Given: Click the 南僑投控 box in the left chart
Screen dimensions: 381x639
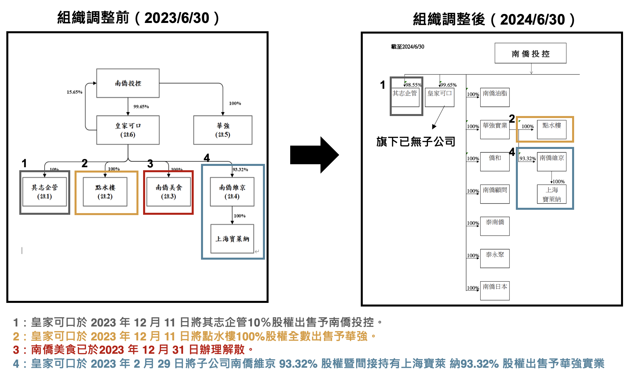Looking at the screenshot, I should pyautogui.click(x=128, y=83).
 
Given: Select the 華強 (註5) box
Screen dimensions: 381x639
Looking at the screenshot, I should pyautogui.click(x=223, y=130).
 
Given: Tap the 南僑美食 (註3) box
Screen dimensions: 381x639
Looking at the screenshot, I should pyautogui.click(x=168, y=192).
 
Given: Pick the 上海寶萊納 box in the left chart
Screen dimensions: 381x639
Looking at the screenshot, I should pyautogui.click(x=232, y=239).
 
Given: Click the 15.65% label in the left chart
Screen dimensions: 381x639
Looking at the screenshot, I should pyautogui.click(x=74, y=92).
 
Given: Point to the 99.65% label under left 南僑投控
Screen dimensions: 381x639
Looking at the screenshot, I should pyautogui.click(x=141, y=107).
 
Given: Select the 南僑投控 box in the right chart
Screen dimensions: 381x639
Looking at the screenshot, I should pyautogui.click(x=530, y=53).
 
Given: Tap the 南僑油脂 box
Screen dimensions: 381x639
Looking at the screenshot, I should pyautogui.click(x=495, y=97).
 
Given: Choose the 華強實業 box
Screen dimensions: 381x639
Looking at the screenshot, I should pyautogui.click(x=495, y=129).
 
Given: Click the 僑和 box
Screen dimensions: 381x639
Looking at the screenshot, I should pyautogui.click(x=495, y=162).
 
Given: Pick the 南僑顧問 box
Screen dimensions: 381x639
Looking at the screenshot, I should pyautogui.click(x=495, y=194).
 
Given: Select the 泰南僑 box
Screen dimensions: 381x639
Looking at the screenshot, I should pyautogui.click(x=495, y=226).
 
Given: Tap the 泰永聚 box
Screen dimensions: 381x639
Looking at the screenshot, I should pyautogui.click(x=495, y=258).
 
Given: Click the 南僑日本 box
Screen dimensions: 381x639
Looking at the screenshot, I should pyautogui.click(x=495, y=291).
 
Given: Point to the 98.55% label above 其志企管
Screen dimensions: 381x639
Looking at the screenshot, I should pyautogui.click(x=413, y=85).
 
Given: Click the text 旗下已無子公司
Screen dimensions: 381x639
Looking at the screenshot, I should pyautogui.click(x=416, y=142).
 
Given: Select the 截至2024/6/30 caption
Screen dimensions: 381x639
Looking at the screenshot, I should pyautogui.click(x=407, y=47).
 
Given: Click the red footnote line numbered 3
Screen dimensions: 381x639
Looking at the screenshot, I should pyautogui.click(x=133, y=350).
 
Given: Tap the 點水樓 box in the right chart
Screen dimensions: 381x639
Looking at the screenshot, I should pyautogui.click(x=551, y=129).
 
